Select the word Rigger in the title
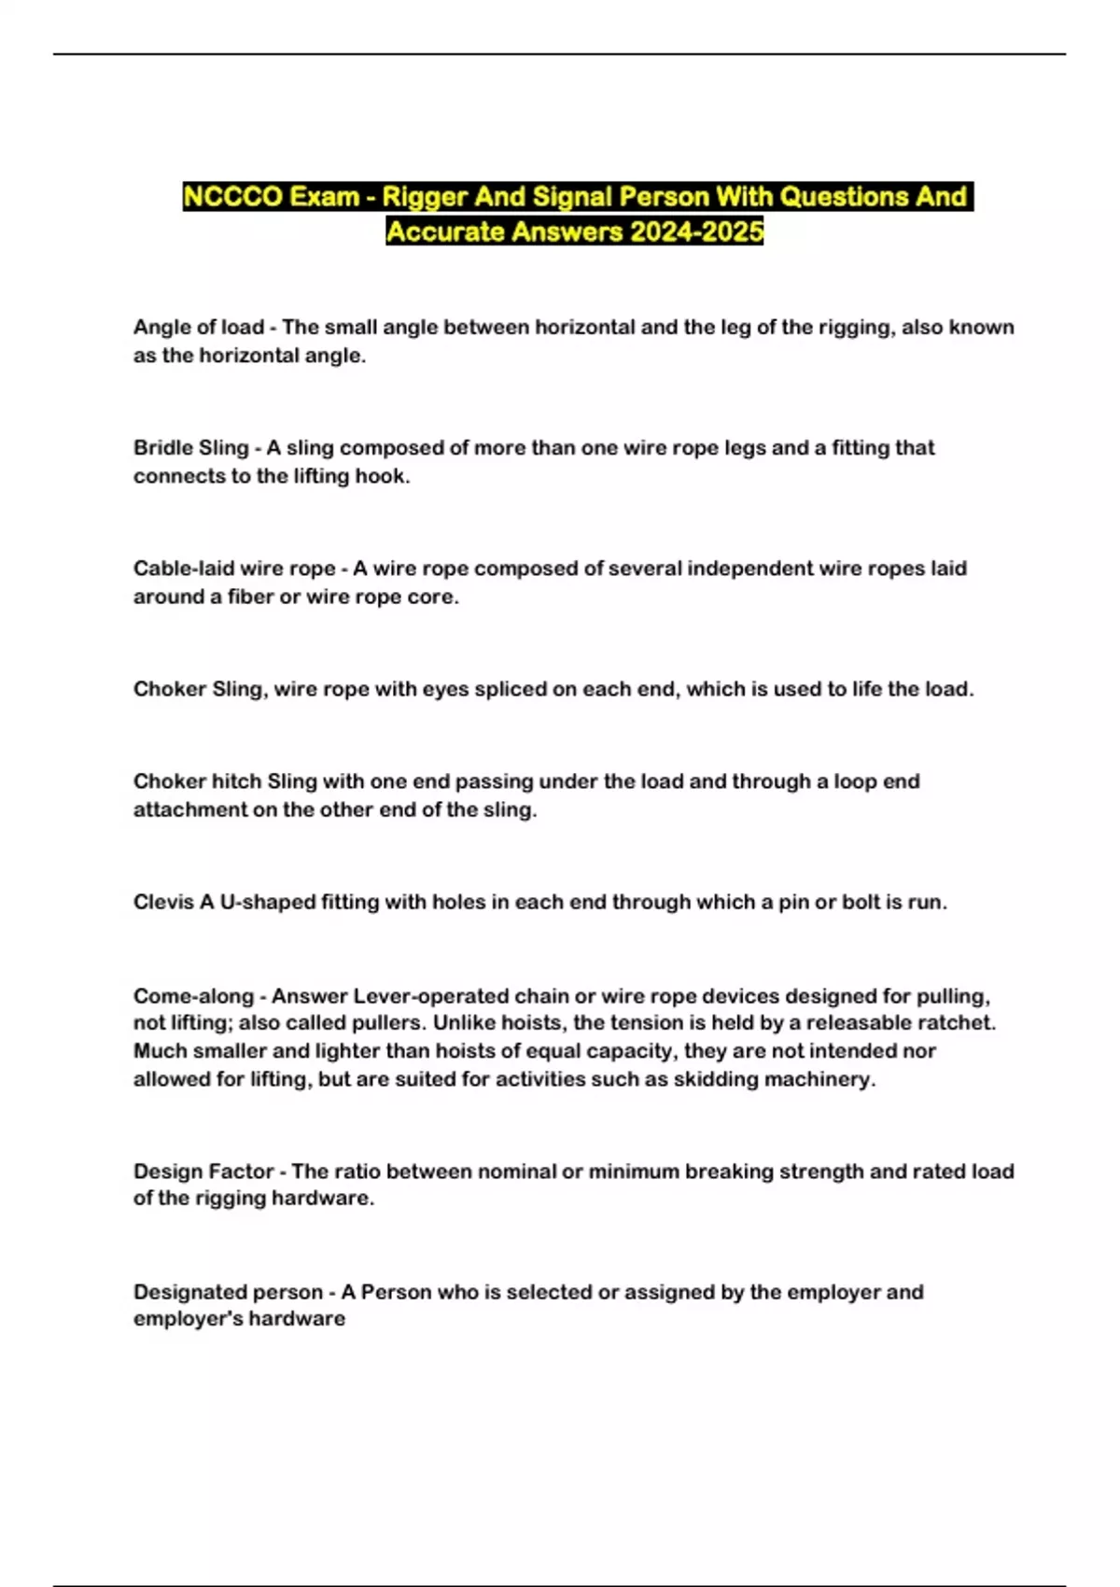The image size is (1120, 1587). [425, 197]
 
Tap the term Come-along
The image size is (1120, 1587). [193, 996]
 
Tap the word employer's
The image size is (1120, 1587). [180, 1319]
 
